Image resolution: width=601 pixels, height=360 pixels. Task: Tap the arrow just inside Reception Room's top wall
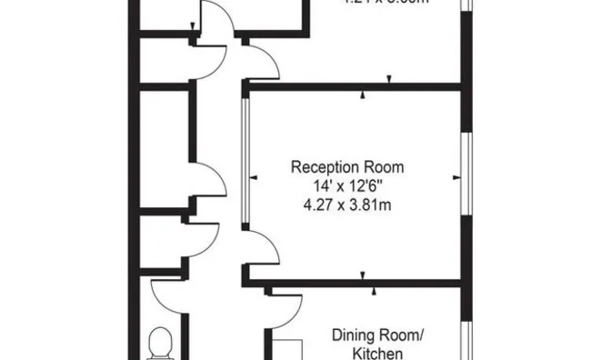[x=363, y=95]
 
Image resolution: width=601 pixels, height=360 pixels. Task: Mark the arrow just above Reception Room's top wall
[x=389, y=79]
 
